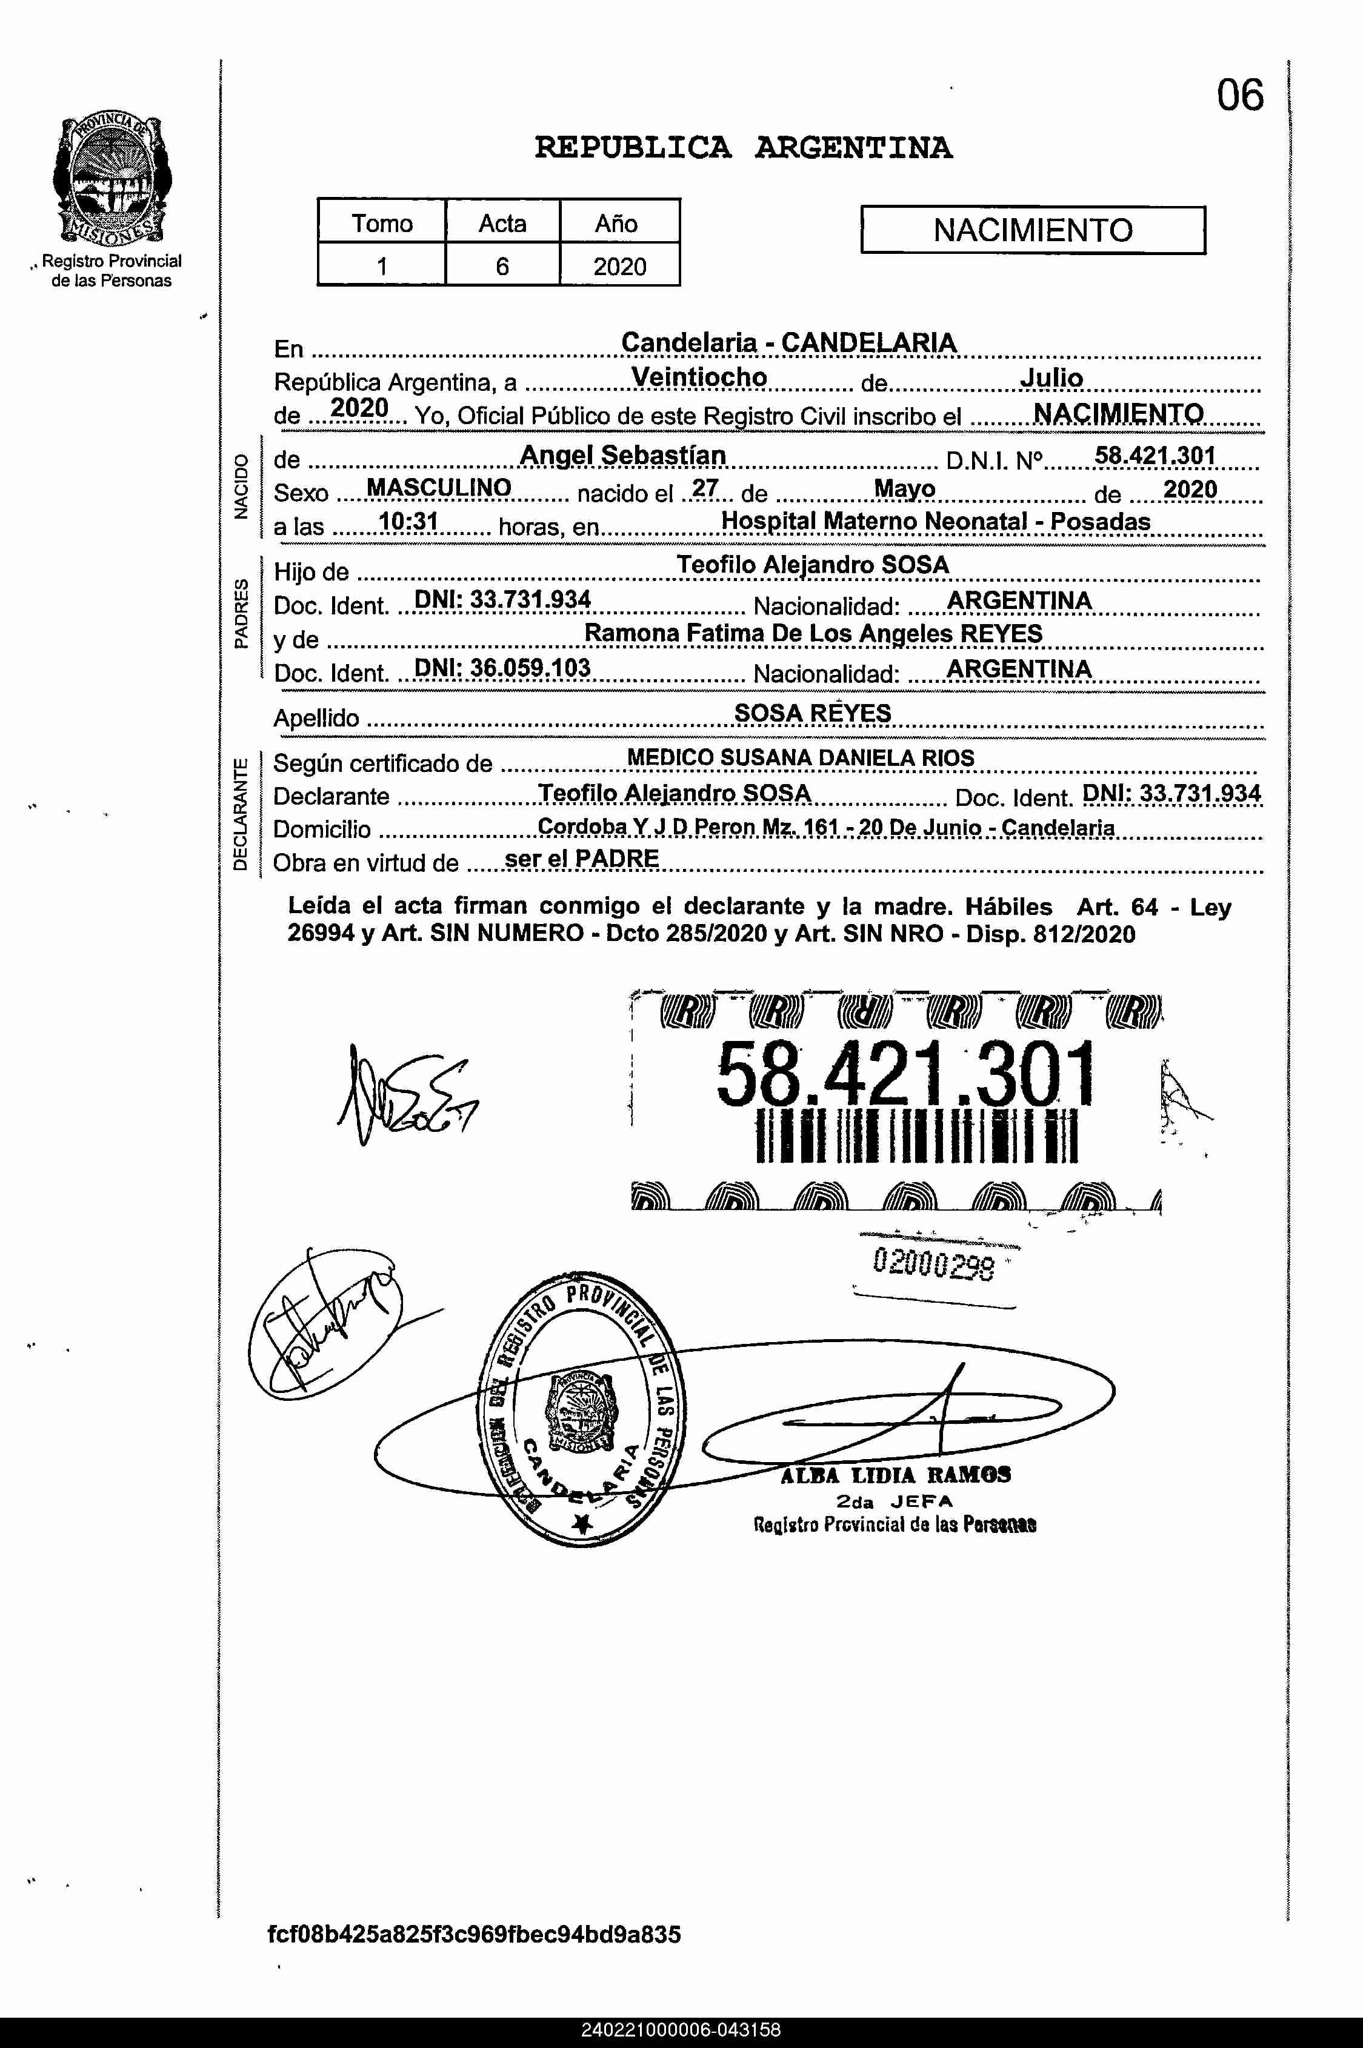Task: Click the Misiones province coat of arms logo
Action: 112,180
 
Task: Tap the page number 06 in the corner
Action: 1239,96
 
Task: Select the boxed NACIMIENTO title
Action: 1033,230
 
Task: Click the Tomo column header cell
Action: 382,224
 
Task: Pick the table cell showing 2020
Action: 619,266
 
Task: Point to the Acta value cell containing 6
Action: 502,266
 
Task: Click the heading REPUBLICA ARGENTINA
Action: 743,148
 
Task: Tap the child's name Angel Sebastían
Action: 622,454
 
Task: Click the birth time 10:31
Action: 408,521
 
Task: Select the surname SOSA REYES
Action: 813,713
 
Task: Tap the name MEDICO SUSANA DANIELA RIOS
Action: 801,757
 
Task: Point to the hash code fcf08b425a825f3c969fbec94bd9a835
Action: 475,1935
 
